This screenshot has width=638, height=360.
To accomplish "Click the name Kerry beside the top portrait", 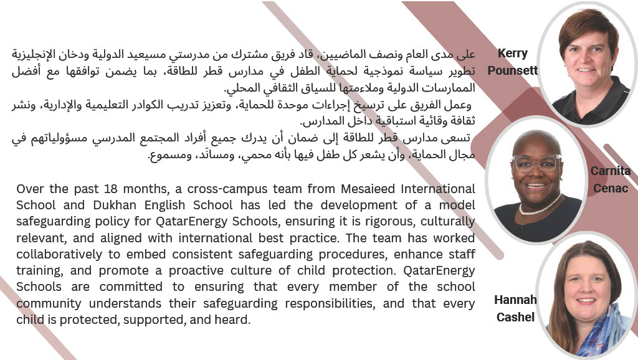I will (x=513, y=54).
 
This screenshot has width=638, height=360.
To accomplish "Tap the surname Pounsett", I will (x=512, y=70).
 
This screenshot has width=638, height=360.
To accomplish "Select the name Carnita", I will (x=611, y=171).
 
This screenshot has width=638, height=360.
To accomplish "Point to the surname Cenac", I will (x=611, y=187).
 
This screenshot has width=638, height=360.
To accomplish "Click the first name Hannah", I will (x=515, y=300).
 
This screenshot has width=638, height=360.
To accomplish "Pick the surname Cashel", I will (x=515, y=317).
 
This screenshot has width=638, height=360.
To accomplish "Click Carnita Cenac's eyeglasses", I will (x=536, y=163).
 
